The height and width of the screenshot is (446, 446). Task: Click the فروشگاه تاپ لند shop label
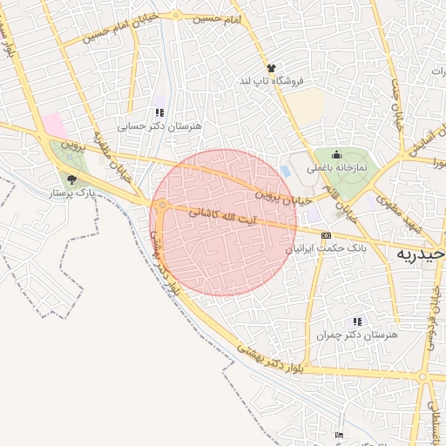tap(275, 81)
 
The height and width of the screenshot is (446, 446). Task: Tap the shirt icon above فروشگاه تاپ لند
tap(271, 67)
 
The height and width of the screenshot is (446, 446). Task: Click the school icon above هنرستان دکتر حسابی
tap(159, 112)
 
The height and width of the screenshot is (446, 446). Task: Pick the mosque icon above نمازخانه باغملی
tap(336, 154)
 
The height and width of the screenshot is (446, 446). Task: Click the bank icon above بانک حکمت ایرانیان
tap(326, 235)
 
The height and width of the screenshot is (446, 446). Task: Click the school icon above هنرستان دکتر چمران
tap(356, 321)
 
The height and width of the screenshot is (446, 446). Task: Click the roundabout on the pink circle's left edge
tap(163, 206)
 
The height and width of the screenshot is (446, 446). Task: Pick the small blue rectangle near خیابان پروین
tap(286, 169)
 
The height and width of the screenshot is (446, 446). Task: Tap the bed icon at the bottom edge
tap(339, 435)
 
